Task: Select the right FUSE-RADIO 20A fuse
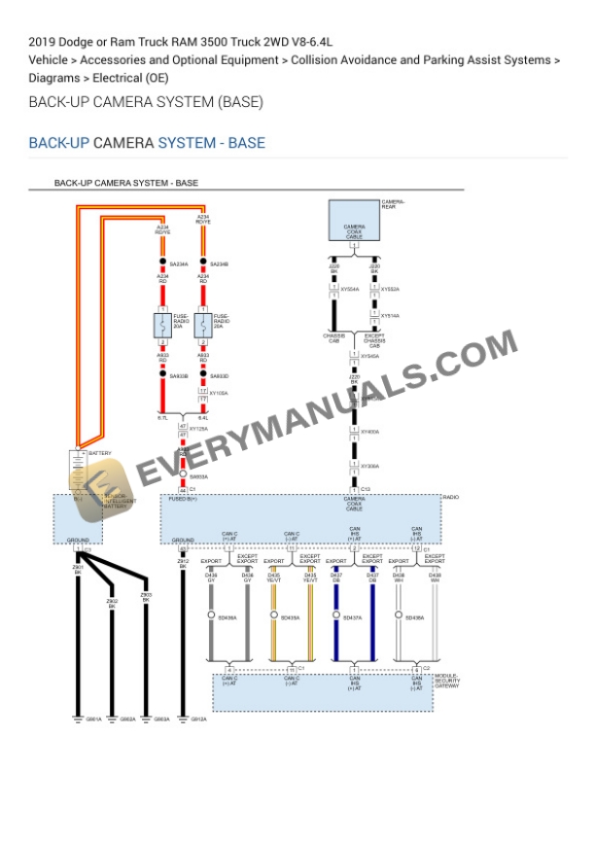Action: [x=203, y=326]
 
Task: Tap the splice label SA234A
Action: [x=179, y=263]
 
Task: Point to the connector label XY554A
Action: [x=349, y=289]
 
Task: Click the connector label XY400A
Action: [x=370, y=431]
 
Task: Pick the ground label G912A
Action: [x=198, y=719]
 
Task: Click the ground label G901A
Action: [x=93, y=719]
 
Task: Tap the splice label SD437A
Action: [x=352, y=617]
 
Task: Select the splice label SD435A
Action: [x=290, y=617]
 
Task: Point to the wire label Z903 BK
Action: [x=146, y=598]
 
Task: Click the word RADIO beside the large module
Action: [x=450, y=498]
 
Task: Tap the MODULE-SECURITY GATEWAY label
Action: [x=446, y=681]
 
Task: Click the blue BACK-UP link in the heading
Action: [x=58, y=143]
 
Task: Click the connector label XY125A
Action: [x=197, y=429]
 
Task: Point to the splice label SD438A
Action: [x=415, y=617]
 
